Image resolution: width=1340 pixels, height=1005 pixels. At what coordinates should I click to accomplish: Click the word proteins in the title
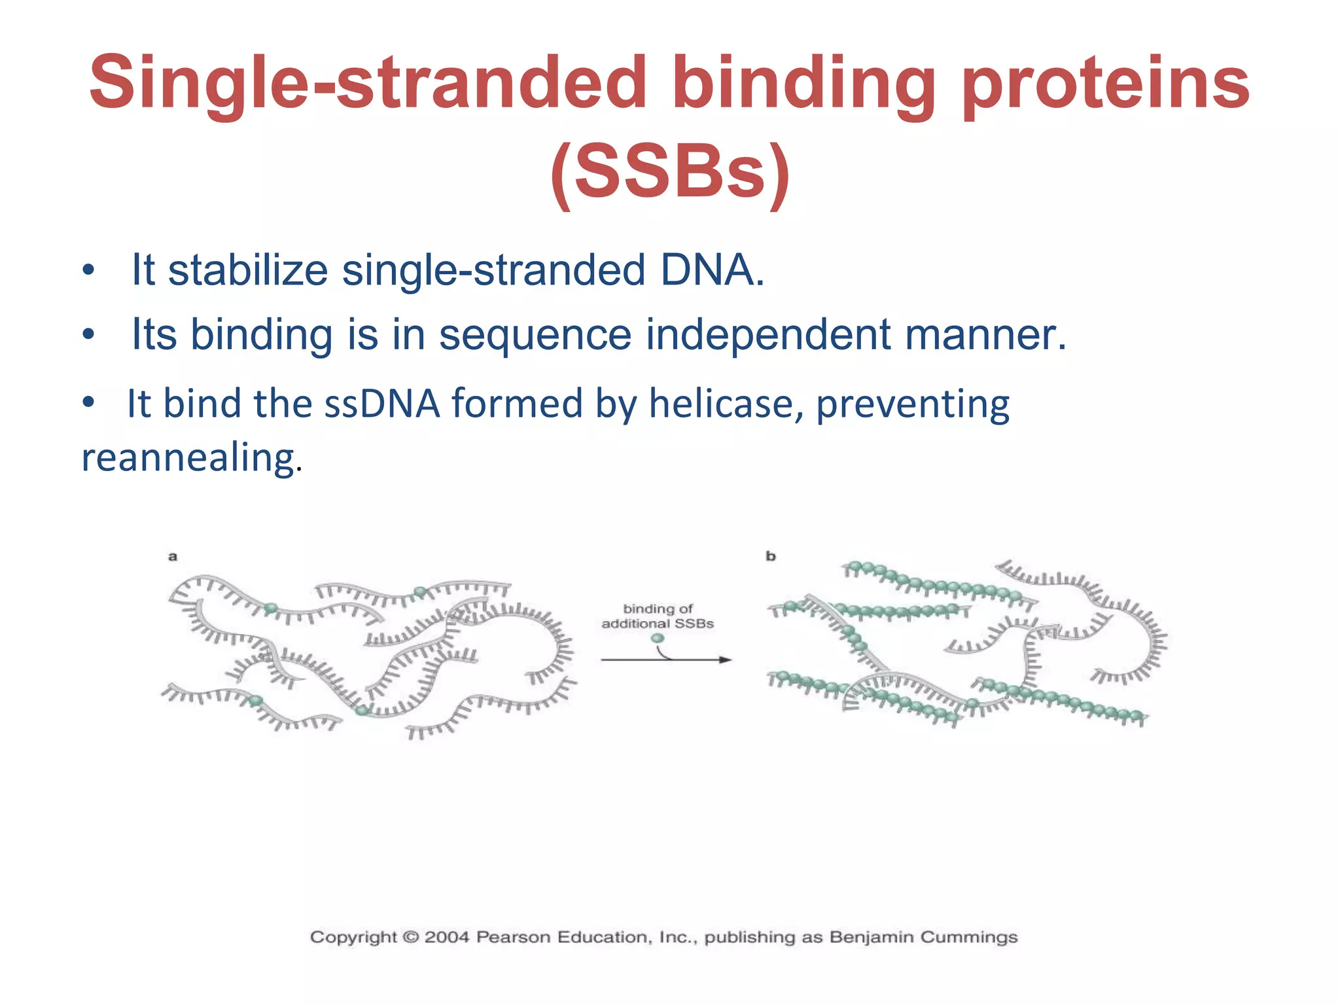pyautogui.click(x=1106, y=84)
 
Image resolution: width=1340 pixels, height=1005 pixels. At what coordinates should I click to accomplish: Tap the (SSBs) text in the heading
pyautogui.click(x=670, y=171)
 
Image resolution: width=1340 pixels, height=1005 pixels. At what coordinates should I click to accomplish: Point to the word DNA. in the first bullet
pyautogui.click(x=712, y=270)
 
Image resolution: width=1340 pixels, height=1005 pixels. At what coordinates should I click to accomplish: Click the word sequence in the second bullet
pyautogui.click(x=535, y=334)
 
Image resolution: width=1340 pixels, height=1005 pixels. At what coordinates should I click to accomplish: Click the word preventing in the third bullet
pyautogui.click(x=913, y=404)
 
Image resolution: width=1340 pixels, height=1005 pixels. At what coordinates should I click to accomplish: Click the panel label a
pyautogui.click(x=173, y=557)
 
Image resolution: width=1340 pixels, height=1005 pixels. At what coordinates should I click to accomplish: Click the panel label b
pyautogui.click(x=771, y=556)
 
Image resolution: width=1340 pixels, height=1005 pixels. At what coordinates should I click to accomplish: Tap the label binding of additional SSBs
pyautogui.click(x=658, y=616)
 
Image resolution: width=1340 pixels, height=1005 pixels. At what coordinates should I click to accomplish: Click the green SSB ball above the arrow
pyautogui.click(x=658, y=638)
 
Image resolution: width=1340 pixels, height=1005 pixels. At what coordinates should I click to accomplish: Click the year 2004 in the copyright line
pyautogui.click(x=447, y=937)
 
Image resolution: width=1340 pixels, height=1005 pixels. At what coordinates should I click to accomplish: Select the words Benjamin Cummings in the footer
pyautogui.click(x=923, y=937)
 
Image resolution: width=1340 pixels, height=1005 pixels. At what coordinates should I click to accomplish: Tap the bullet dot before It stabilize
pyautogui.click(x=88, y=270)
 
